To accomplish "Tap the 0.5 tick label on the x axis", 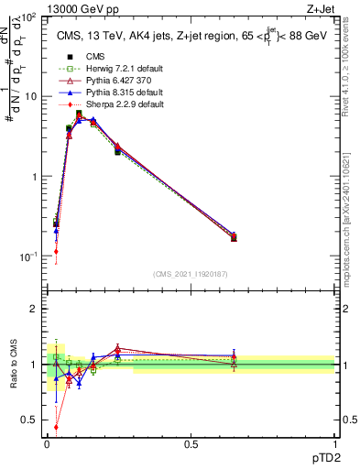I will click(x=191, y=444).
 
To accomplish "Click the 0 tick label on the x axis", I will click(x=48, y=444).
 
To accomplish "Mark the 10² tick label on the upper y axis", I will click(x=27, y=17).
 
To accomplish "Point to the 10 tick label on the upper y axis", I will click(x=29, y=96).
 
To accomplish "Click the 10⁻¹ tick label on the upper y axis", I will click(x=27, y=256).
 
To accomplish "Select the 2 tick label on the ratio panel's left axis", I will click(x=34, y=309).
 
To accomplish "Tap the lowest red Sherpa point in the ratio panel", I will click(x=57, y=426).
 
